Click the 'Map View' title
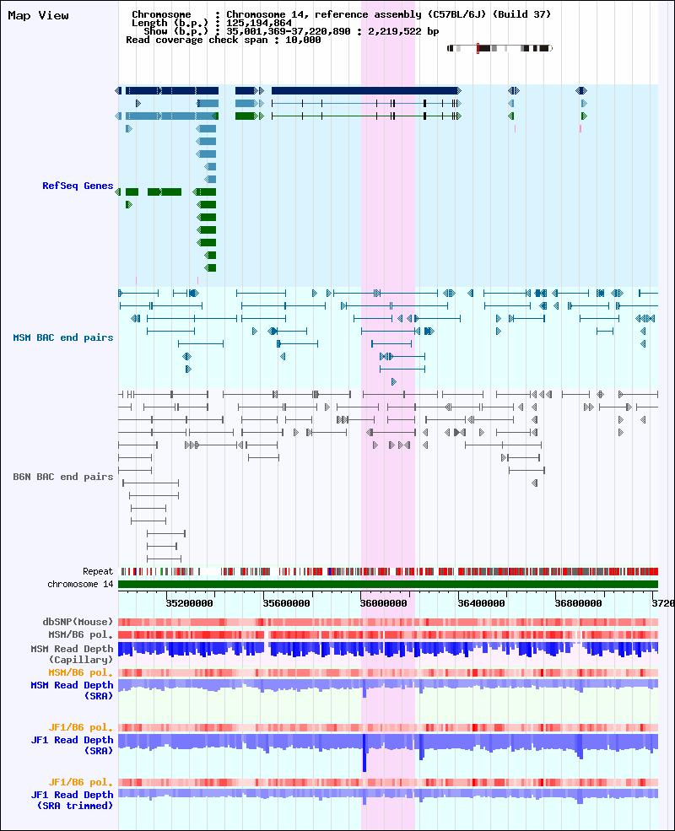pyautogui.click(x=38, y=16)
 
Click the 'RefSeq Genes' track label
pyautogui.click(x=78, y=186)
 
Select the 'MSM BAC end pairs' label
pyautogui.click(x=63, y=337)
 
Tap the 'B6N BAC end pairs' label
pyautogui.click(x=63, y=477)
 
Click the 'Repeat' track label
pyautogui.click(x=98, y=571)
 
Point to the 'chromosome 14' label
pyautogui.click(x=80, y=584)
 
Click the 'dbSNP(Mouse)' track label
pyautogui.click(x=78, y=622)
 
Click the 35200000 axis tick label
pyautogui.click(x=189, y=603)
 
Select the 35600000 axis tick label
pyautogui.click(x=286, y=603)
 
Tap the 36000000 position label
pyautogui.click(x=384, y=603)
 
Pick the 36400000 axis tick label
pyautogui.click(x=481, y=603)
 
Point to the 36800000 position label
pyautogui.click(x=578, y=603)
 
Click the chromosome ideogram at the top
pyautogui.click(x=499, y=48)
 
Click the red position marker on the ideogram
pyautogui.click(x=478, y=48)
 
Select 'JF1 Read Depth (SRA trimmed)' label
pyautogui.click(x=72, y=800)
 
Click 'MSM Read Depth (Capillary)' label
pyautogui.click(x=72, y=654)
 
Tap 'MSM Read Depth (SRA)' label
pyautogui.click(x=72, y=691)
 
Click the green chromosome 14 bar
pyautogui.click(x=388, y=584)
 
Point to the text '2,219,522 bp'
pyautogui.click(x=403, y=31)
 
